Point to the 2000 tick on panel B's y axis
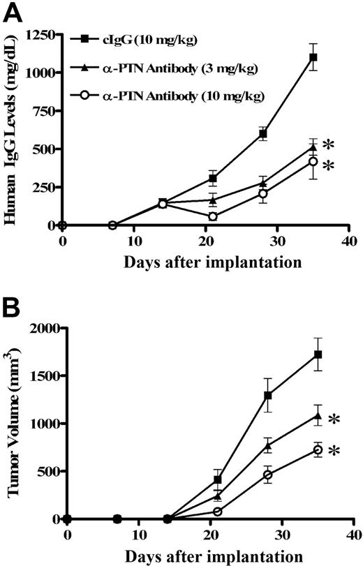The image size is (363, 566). tap(45, 327)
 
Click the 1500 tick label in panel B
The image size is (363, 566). tap(45, 375)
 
